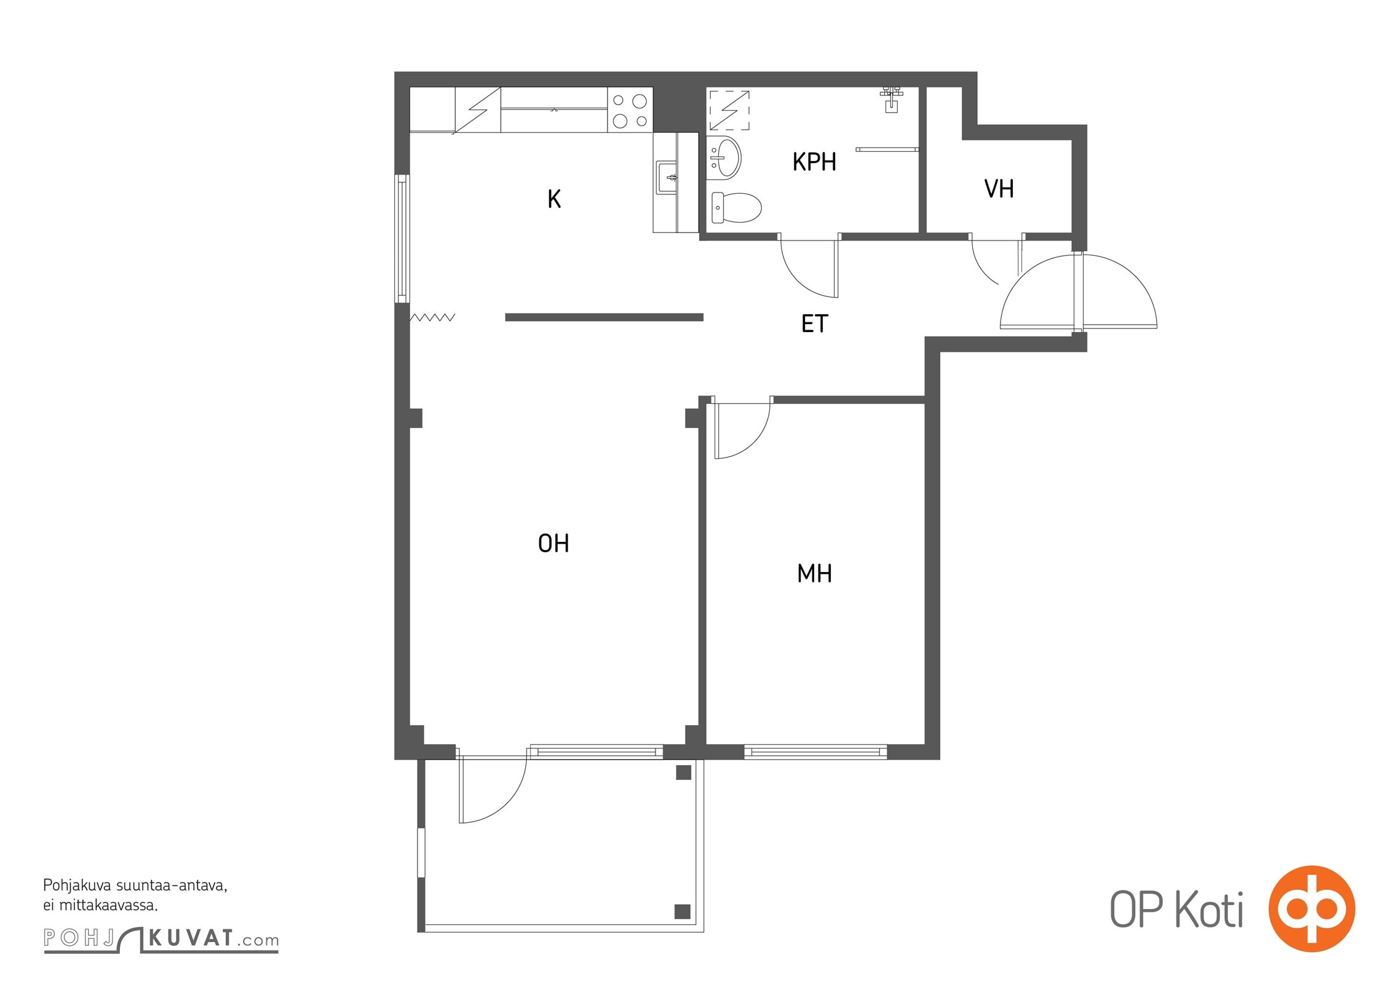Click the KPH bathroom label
pos(814,162)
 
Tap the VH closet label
pos(999,189)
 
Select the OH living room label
pos(553,543)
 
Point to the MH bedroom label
pos(814,573)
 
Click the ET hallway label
pos(815,323)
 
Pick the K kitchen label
pos(554,199)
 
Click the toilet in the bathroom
pos(736,207)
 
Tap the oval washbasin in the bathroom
pos(726,158)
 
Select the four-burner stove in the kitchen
pos(630,110)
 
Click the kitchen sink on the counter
pos(667,177)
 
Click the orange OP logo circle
pos(1312,908)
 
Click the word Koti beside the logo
pos(1209,910)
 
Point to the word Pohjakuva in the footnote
pos(77,886)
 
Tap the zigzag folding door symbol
pos(432,317)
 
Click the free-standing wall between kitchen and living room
pos(604,317)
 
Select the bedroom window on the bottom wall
pos(815,751)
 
